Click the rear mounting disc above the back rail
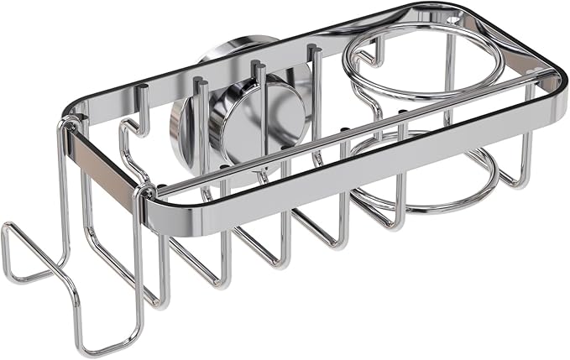point(227,46)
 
